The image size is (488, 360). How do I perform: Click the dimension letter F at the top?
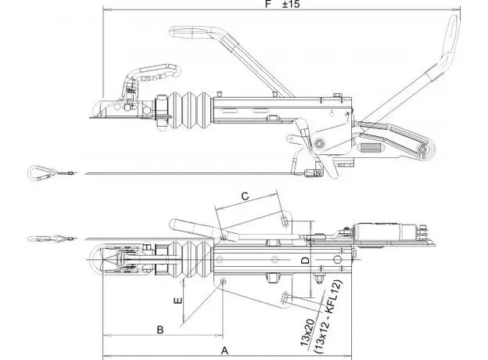[268, 4]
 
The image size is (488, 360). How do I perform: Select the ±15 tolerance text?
[291, 4]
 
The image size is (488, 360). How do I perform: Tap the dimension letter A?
[224, 351]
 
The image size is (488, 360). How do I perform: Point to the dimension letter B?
[160, 329]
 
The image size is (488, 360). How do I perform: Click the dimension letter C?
[246, 196]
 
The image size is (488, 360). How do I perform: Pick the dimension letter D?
[307, 261]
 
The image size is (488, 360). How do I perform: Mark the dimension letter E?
[178, 301]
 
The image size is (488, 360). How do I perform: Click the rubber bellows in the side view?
[190, 110]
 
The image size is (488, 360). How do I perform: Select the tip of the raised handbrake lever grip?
[454, 18]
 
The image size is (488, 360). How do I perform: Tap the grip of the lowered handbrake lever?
[191, 32]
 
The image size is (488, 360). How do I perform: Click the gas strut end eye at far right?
[422, 149]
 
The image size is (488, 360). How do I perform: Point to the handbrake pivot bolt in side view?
[319, 143]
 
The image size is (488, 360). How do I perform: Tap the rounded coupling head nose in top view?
[94, 258]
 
